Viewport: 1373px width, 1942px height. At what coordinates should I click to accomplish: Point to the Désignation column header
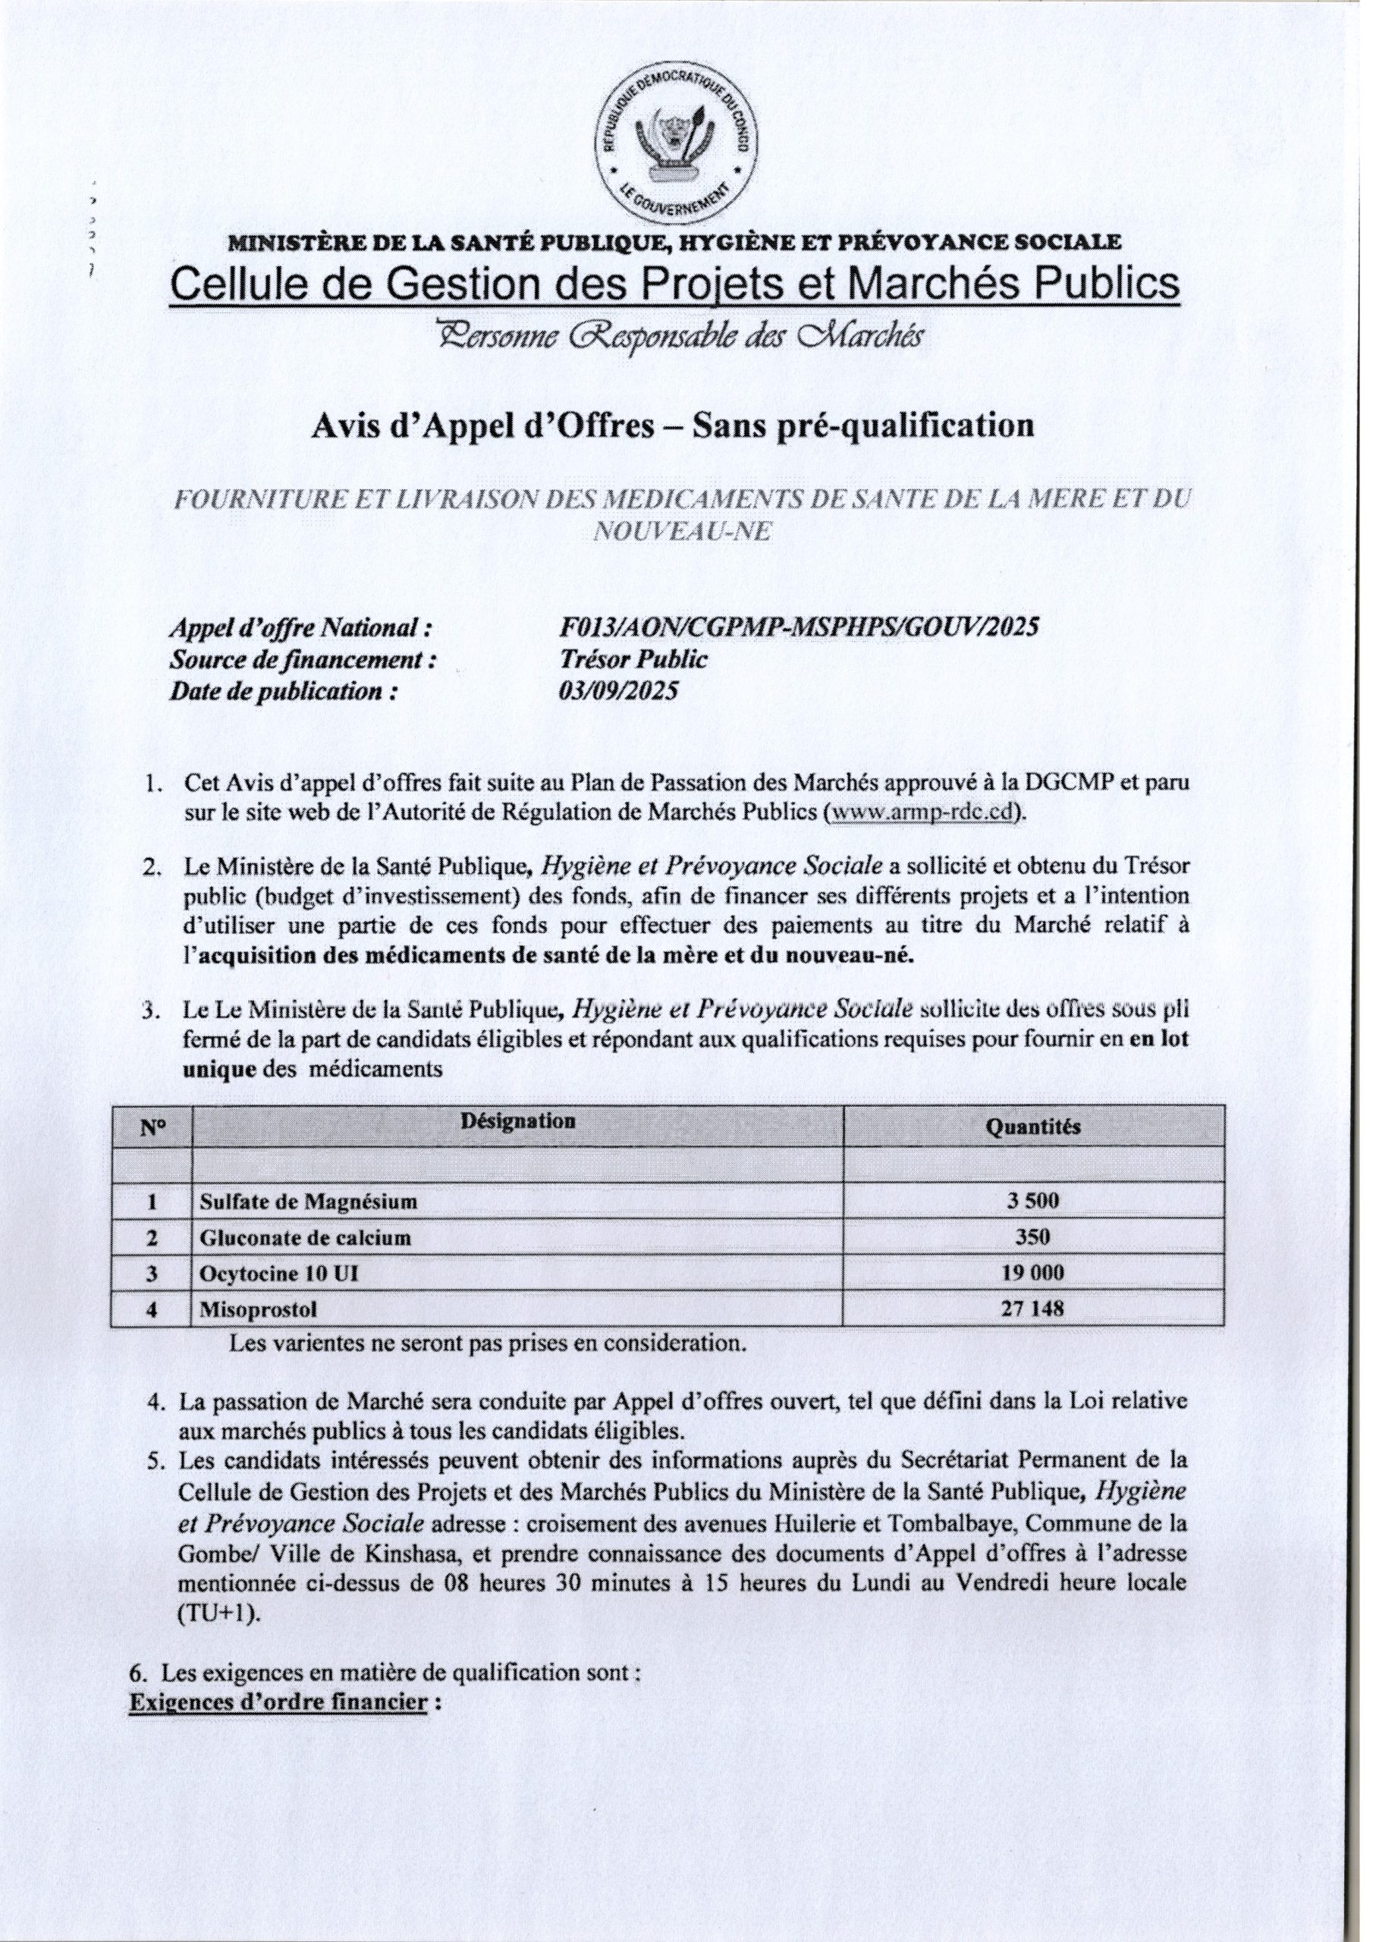tap(519, 1121)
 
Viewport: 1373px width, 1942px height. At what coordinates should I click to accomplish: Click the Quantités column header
tap(1033, 1127)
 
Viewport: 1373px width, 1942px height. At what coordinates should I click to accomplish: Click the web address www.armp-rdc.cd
tap(924, 812)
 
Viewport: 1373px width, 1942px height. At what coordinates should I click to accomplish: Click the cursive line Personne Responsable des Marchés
tap(677, 337)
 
